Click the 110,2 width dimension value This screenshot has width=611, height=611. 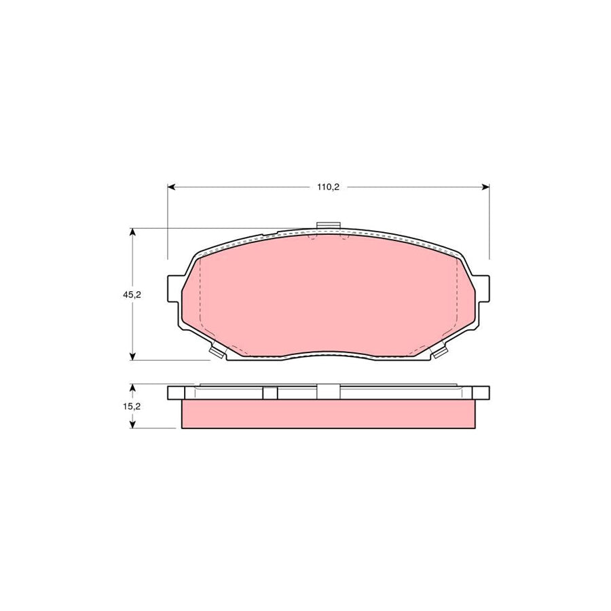pos(328,187)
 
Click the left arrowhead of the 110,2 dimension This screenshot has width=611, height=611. pos(172,187)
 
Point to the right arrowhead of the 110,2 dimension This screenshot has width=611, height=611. pos(485,187)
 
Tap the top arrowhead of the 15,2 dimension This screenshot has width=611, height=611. pos(133,388)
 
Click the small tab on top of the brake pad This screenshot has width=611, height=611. pos(329,227)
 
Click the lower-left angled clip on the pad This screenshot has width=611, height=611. pos(218,351)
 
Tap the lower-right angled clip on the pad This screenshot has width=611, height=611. pos(439,351)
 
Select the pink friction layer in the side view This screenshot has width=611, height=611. pos(328,414)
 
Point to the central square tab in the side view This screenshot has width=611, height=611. pos(329,392)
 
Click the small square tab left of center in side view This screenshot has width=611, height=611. pos(270,392)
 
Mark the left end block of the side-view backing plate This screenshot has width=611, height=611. pos(176,392)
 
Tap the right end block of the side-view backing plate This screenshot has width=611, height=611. pos(481,392)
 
